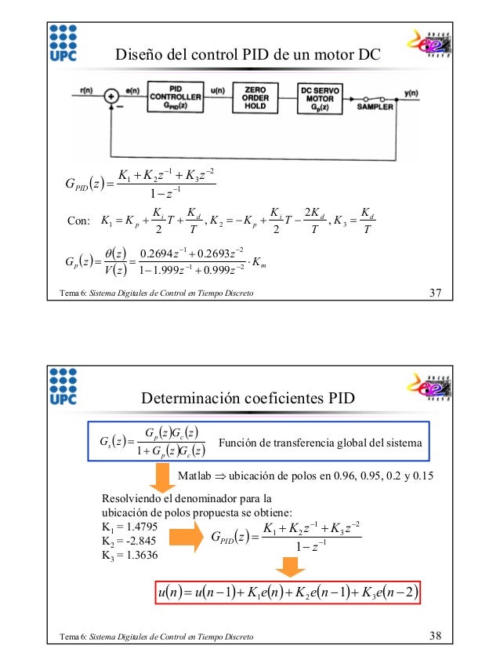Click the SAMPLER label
[x=375, y=106]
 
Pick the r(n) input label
[x=89, y=92]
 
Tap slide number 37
[x=437, y=294]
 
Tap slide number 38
[x=437, y=635]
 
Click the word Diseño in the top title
[x=137, y=55]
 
